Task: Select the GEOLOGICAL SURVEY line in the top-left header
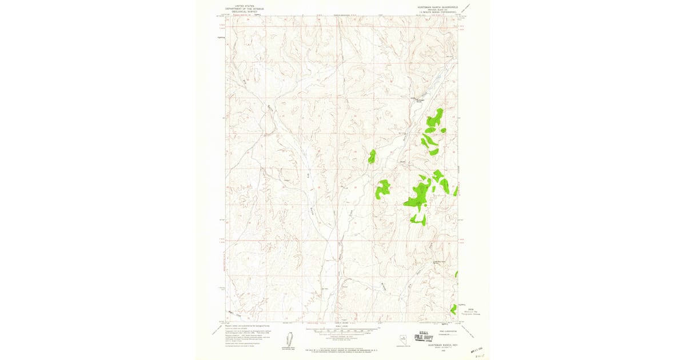[x=240, y=11]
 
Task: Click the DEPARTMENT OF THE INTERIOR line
[x=240, y=8]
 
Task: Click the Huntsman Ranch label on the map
[x=420, y=101]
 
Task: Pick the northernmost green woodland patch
[x=436, y=117]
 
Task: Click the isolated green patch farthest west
[x=372, y=156]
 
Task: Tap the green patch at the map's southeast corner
[x=453, y=309]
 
